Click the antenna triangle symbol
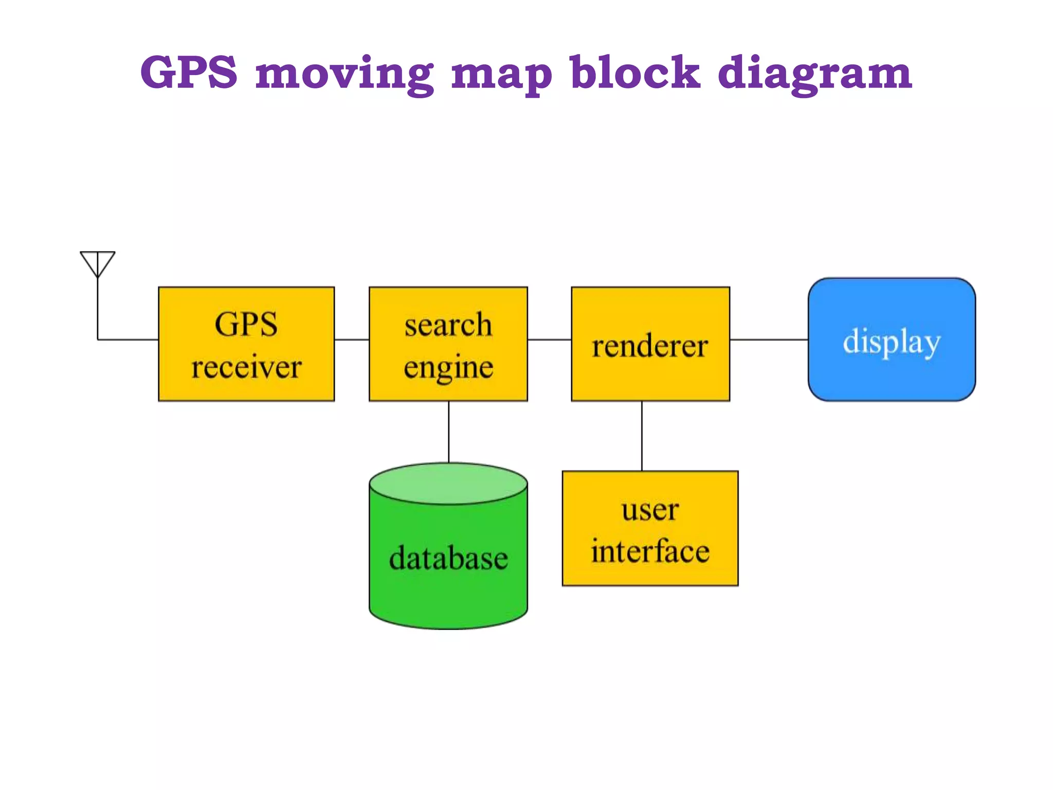(x=98, y=262)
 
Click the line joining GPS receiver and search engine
(x=352, y=339)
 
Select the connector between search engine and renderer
(x=549, y=339)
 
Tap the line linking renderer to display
(x=769, y=339)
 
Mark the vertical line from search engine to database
(x=448, y=432)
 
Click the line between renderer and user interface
(x=642, y=436)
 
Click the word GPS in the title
(x=189, y=72)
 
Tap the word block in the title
(x=635, y=72)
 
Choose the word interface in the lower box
(x=650, y=551)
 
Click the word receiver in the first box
(x=246, y=367)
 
